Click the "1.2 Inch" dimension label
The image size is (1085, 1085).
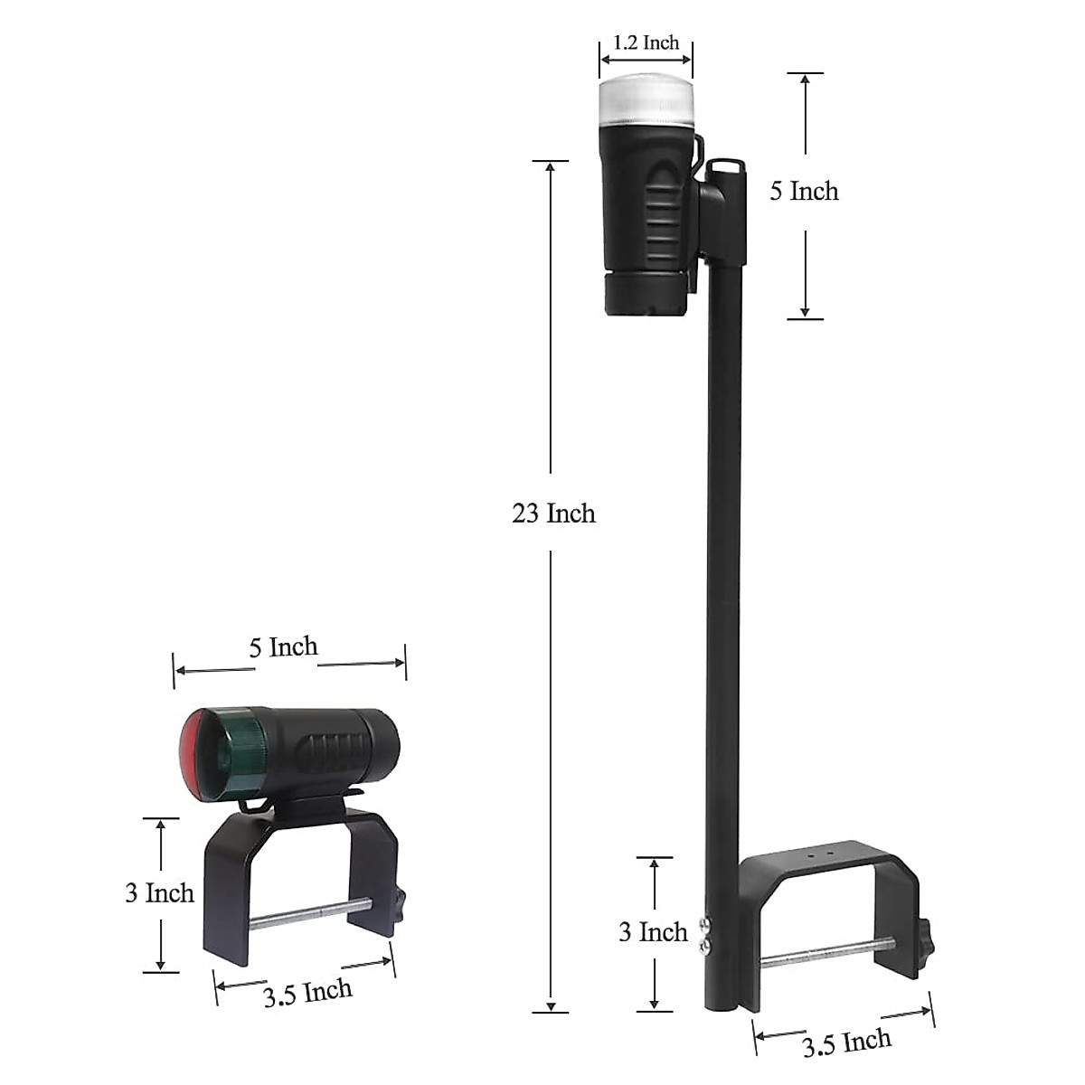click(646, 42)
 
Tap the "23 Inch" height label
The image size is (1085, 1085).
click(553, 514)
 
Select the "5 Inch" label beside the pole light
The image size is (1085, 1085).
click(804, 192)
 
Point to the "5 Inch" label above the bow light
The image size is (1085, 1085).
click(284, 647)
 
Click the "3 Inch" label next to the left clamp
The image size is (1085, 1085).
click(159, 893)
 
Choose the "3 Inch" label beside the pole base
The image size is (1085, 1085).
click(653, 932)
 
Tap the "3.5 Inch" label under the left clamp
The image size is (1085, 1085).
click(307, 993)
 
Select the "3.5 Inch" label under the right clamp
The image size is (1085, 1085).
click(846, 1043)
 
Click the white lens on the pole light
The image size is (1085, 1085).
click(646, 102)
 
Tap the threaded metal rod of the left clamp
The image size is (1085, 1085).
click(307, 914)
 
